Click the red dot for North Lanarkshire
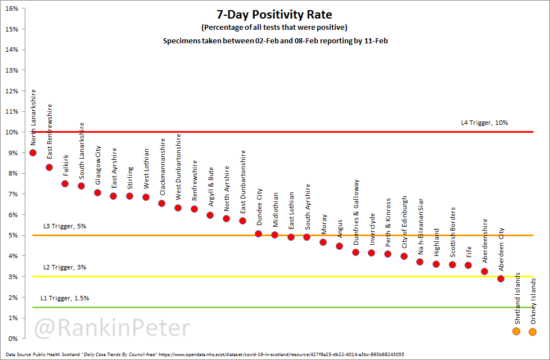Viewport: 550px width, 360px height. [33, 152]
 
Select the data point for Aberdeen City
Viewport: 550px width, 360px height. [501, 278]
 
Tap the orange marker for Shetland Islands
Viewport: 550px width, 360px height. [516, 331]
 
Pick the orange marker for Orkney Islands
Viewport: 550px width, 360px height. [533, 332]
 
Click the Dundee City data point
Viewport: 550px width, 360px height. [259, 233]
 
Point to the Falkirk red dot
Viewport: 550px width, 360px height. [65, 183]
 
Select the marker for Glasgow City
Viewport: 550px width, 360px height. [97, 192]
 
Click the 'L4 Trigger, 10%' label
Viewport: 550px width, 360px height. [484, 123]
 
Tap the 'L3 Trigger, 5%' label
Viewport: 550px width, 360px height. [65, 226]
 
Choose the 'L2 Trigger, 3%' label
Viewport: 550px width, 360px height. [65, 267]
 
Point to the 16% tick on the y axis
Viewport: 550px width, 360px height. [11, 8]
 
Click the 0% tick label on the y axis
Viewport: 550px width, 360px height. [13, 339]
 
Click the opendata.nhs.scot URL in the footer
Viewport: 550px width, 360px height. [281, 355]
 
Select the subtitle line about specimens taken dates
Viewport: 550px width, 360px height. [274, 40]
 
